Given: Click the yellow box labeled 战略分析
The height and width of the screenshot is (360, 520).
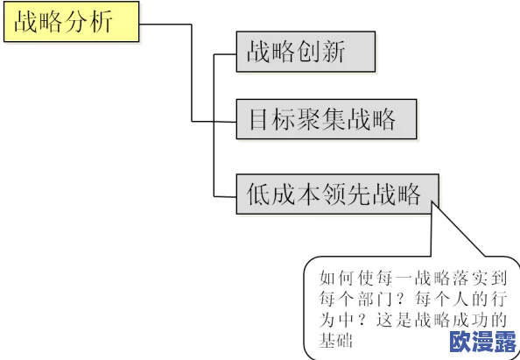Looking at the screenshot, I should click(71, 23).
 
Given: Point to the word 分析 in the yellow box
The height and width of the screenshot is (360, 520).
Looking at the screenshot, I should click(92, 23).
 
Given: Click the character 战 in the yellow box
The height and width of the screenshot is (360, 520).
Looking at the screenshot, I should click(25, 23).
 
